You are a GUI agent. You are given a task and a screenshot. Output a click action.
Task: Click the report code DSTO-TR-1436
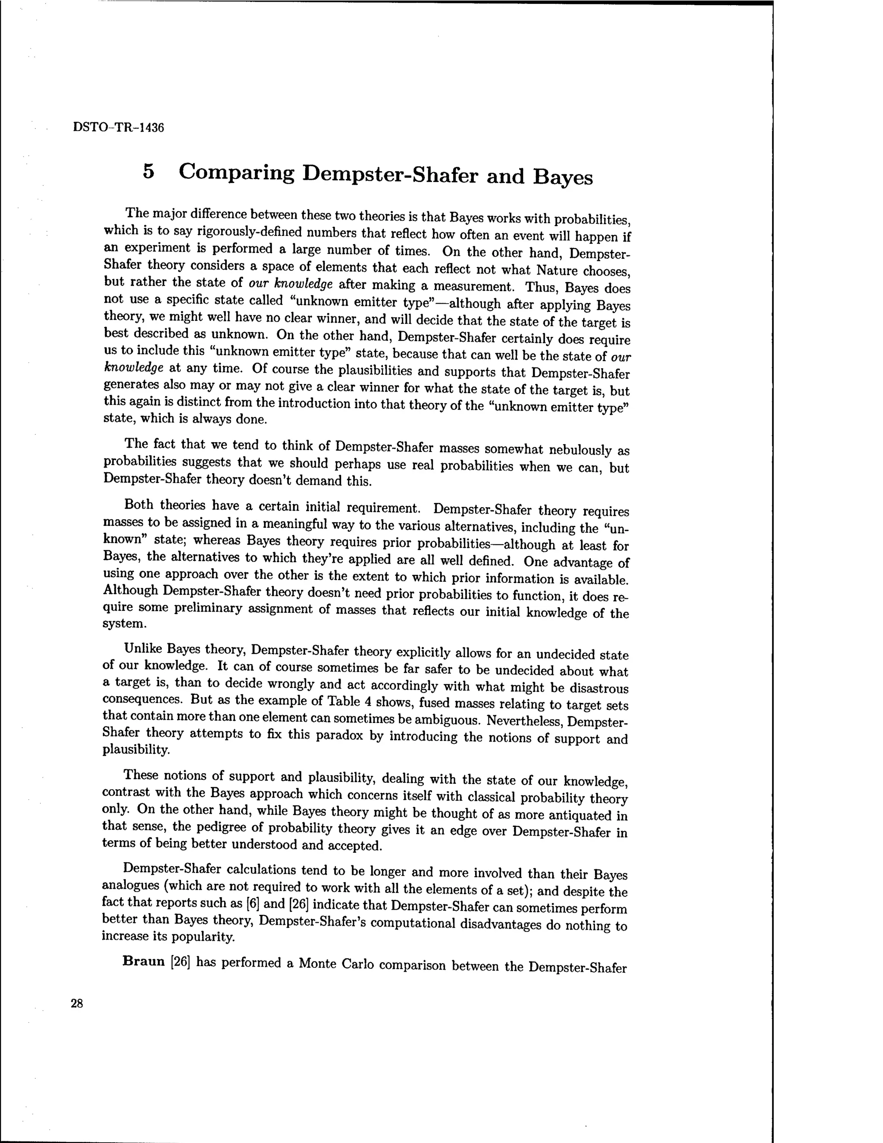click(x=119, y=127)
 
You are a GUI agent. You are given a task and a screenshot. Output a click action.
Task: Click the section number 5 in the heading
click(x=149, y=171)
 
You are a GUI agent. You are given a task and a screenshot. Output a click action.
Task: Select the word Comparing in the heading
click(x=236, y=172)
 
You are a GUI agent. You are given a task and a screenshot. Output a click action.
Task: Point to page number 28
click(x=77, y=1003)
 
